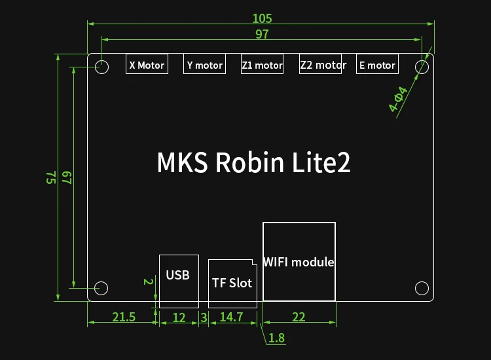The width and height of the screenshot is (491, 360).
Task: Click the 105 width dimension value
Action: [262, 18]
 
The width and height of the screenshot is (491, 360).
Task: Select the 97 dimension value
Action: [262, 34]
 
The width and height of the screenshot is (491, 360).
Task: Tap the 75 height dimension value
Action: [50, 177]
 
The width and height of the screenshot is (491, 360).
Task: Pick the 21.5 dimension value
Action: [124, 317]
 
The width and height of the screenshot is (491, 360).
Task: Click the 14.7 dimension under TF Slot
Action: [231, 317]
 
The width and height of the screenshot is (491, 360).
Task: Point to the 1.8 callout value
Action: [277, 338]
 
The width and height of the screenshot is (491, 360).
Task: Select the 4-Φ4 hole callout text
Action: [398, 99]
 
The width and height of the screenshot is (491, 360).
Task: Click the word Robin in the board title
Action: [249, 162]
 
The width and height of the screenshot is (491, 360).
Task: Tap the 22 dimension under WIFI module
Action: [299, 317]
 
